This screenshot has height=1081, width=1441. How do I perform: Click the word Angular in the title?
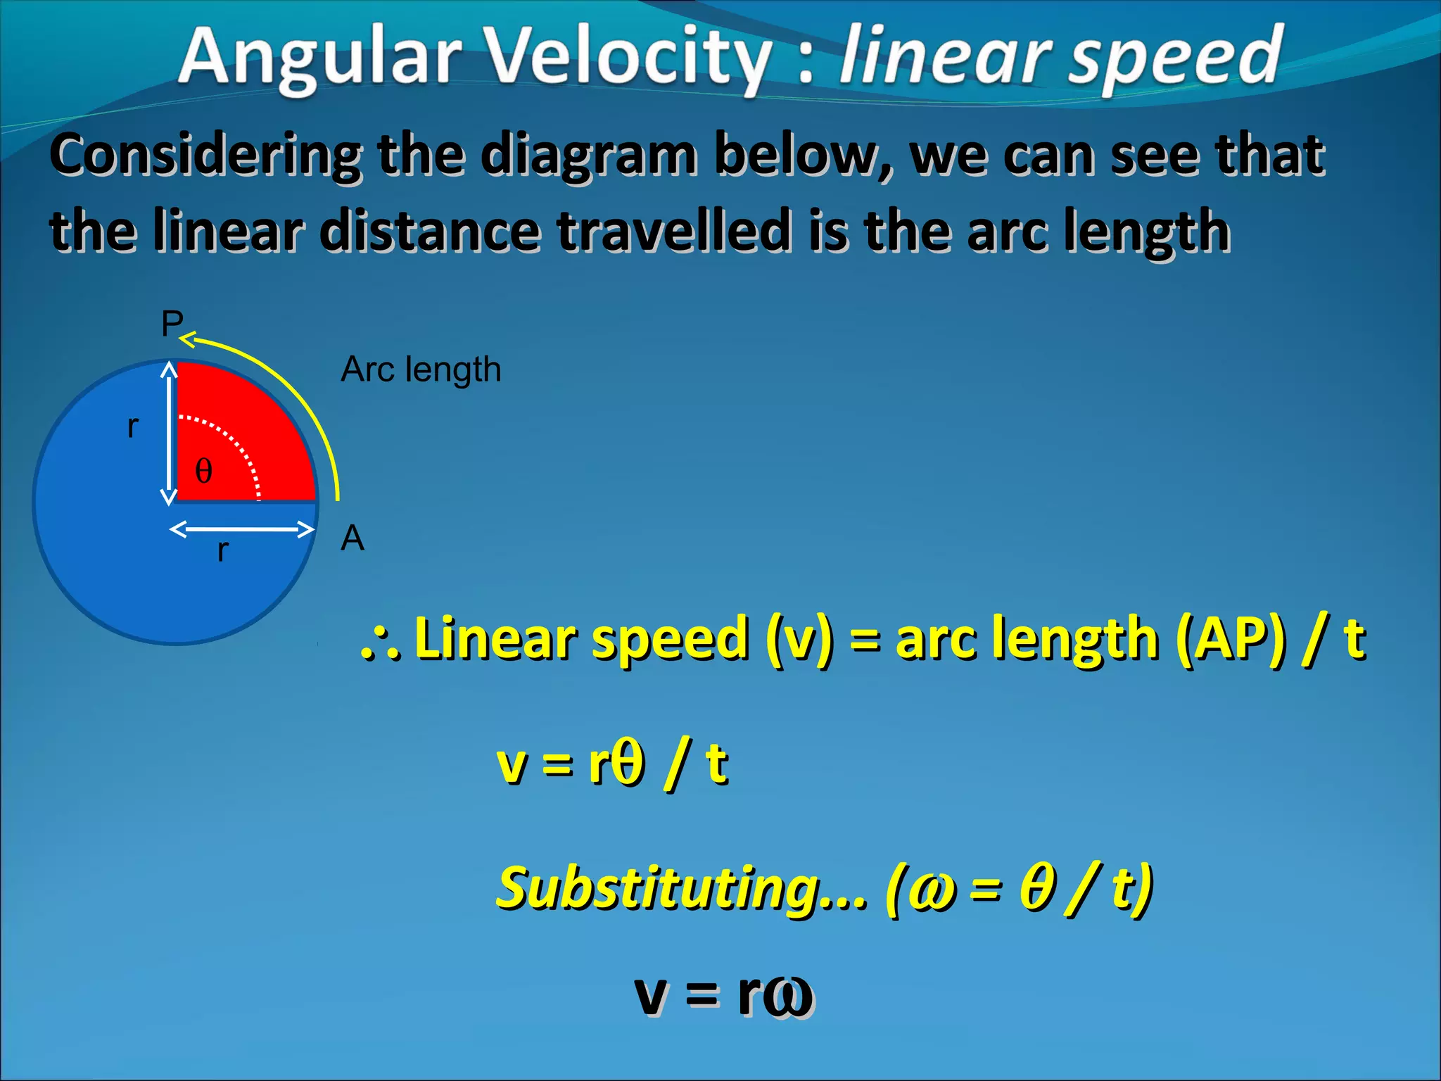point(320,58)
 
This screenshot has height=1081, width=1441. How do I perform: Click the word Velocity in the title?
point(630,58)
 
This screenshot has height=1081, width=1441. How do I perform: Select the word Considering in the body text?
point(205,156)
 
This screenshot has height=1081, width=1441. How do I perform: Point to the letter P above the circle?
point(172,324)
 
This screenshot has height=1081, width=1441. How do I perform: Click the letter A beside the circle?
point(353,539)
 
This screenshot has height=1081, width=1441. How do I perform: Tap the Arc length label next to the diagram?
point(421,369)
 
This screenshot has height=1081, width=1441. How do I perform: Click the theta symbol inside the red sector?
point(203,471)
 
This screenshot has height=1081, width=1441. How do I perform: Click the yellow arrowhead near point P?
point(187,341)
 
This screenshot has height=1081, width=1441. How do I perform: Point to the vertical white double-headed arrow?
point(169,433)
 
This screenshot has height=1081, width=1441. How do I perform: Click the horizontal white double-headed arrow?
point(241,529)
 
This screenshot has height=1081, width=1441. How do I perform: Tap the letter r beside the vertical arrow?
point(133,426)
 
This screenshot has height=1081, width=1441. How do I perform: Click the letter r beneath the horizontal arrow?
point(222,550)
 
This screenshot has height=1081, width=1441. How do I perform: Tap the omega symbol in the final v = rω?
point(788,996)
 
